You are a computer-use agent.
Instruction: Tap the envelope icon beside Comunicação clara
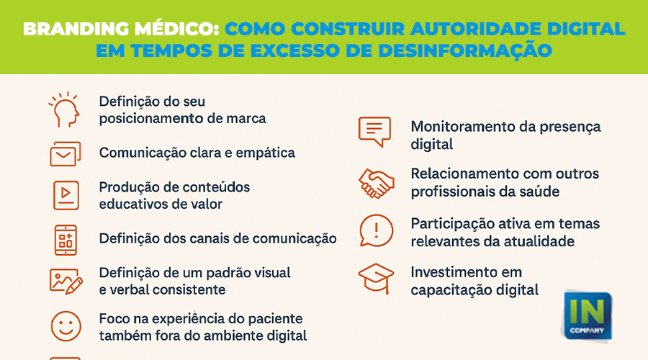click(66, 154)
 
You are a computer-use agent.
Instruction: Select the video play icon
click(66, 195)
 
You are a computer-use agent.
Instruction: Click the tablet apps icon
click(66, 240)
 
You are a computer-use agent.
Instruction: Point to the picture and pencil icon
click(66, 282)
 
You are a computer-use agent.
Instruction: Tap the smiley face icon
click(66, 326)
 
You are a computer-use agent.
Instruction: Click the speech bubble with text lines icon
click(374, 132)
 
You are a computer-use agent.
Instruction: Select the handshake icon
click(376, 183)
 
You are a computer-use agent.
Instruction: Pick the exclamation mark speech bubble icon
click(376, 230)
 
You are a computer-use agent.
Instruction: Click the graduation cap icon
click(376, 278)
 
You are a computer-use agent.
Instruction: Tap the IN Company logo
click(587, 315)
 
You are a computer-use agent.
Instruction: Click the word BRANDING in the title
click(76, 29)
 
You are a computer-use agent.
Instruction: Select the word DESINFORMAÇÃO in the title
click(465, 50)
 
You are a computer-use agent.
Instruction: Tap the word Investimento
click(454, 272)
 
